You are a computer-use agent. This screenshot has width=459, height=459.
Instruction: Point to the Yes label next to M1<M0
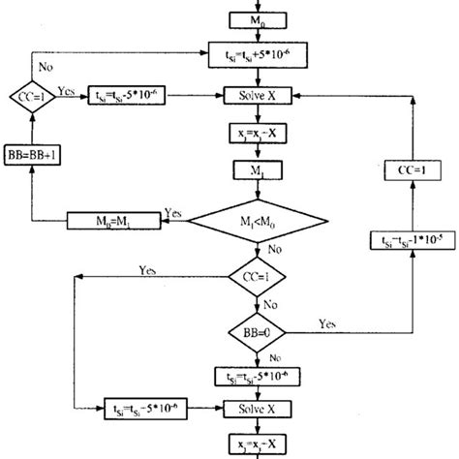tap(175, 210)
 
